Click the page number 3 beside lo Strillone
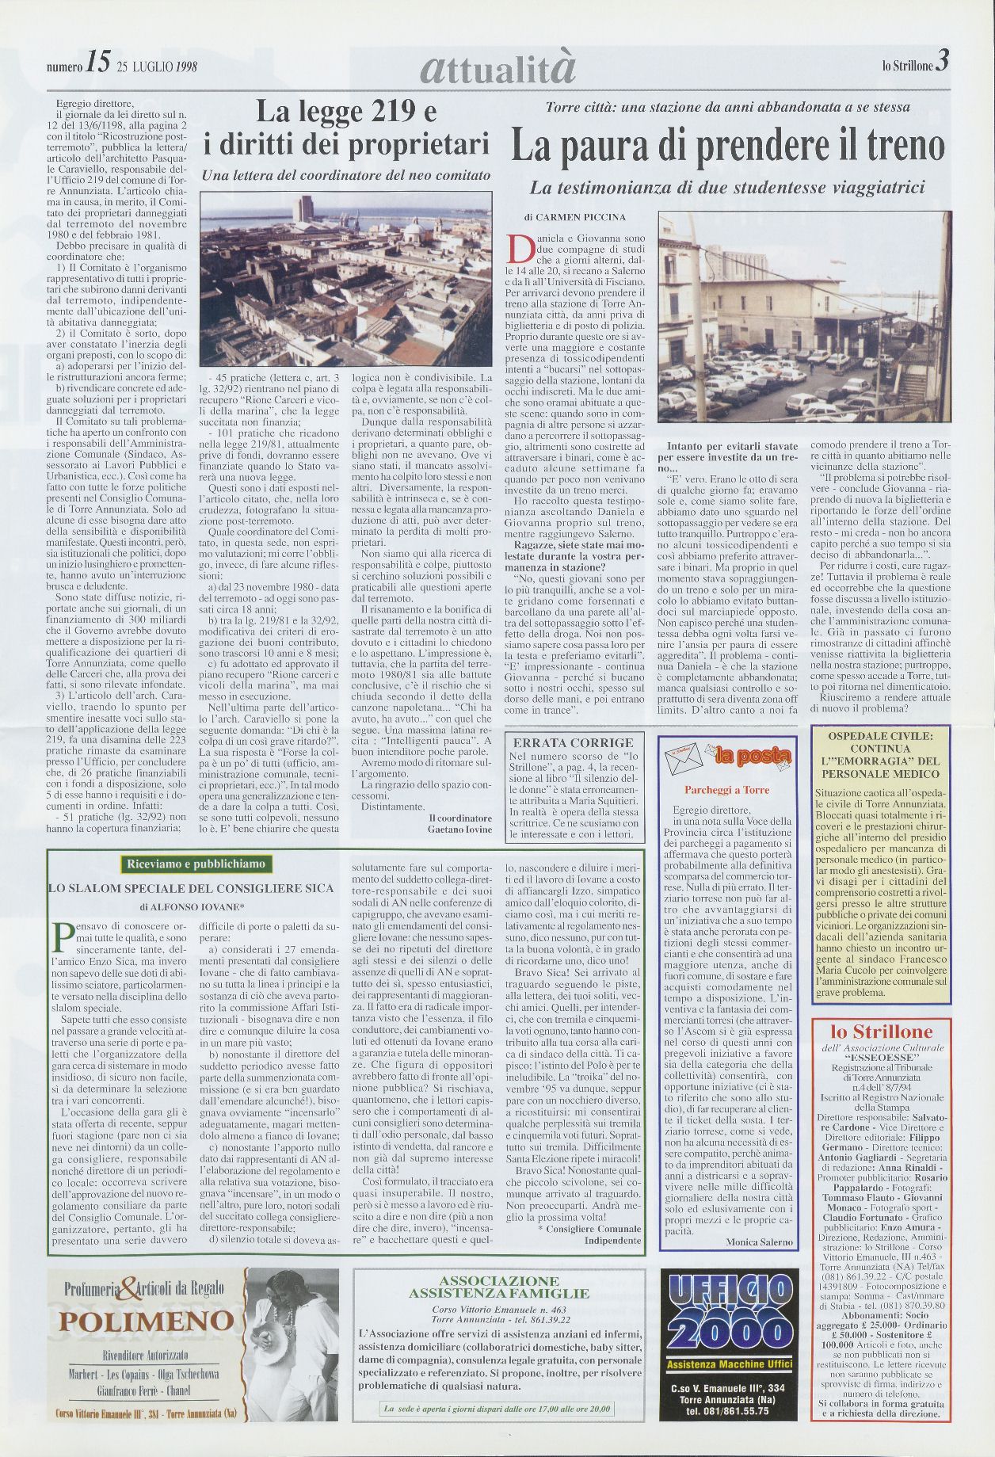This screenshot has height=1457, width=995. [941, 65]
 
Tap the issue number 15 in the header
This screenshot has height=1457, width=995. [99, 67]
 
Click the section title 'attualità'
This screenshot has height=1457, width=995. [497, 68]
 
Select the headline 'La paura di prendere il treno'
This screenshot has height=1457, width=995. [727, 146]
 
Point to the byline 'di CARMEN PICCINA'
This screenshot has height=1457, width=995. [574, 217]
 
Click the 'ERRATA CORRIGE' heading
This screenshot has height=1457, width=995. [574, 742]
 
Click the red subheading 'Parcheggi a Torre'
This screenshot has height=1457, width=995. [726, 790]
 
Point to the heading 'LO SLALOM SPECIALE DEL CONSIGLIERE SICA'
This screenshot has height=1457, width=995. [191, 889]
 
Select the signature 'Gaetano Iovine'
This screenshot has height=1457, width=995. [459, 829]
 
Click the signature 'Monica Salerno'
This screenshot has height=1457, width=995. [759, 1242]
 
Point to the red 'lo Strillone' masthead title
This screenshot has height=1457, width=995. [881, 1032]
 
